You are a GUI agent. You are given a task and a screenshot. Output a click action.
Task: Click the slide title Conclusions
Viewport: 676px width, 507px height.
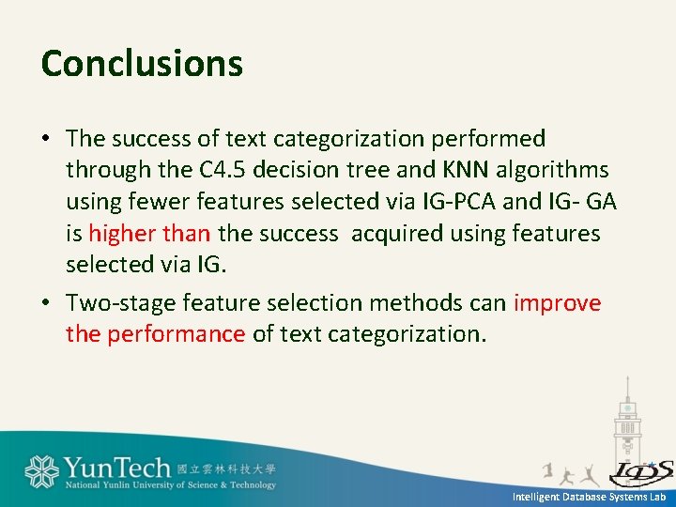tap(142, 64)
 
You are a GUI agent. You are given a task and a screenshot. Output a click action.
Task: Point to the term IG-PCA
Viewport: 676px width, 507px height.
tap(456, 202)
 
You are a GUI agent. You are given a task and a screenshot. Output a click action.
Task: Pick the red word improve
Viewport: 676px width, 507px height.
tap(557, 303)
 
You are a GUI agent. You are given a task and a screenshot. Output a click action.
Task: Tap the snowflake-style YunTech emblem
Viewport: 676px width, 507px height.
tap(41, 471)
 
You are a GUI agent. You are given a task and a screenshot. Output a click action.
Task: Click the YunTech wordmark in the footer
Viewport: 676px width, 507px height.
tap(117, 467)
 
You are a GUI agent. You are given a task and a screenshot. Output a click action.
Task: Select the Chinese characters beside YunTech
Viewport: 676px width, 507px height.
tap(226, 467)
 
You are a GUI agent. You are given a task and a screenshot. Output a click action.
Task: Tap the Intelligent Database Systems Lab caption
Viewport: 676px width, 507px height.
tap(589, 497)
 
